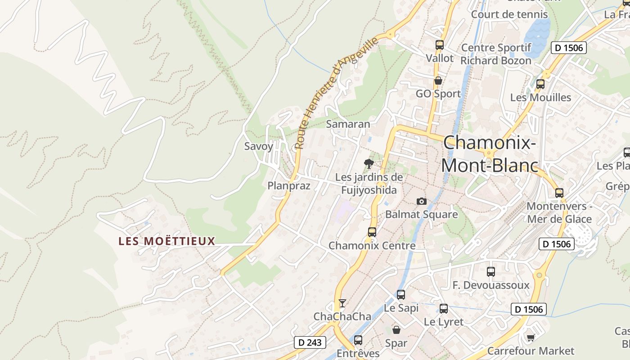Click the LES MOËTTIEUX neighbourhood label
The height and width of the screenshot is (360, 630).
[x=167, y=241]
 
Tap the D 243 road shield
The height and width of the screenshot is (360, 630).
[x=310, y=342]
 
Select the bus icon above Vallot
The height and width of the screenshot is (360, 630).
[x=440, y=45]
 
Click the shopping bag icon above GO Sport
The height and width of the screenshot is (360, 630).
[x=438, y=81]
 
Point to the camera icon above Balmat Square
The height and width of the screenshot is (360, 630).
[x=421, y=201]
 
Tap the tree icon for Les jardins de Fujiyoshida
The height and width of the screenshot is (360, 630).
[x=369, y=164]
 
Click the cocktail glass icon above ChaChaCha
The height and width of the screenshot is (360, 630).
[x=342, y=303]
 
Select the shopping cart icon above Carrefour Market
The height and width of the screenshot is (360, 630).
[x=531, y=337]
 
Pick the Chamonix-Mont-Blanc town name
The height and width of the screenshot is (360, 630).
[x=490, y=154]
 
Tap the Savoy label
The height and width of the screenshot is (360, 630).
[x=259, y=146]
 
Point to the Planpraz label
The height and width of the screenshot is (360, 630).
[x=289, y=186]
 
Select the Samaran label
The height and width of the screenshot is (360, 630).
[x=348, y=124]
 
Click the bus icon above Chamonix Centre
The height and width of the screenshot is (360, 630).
[x=372, y=232]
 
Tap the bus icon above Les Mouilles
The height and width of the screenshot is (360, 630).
[x=540, y=84]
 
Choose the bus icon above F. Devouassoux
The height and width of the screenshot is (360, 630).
[x=491, y=272]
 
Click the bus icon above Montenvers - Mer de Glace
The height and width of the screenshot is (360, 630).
[x=559, y=193]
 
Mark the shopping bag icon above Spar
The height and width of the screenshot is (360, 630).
[x=396, y=330]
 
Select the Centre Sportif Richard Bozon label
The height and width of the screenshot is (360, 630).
[x=496, y=54]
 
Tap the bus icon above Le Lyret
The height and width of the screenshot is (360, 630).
[x=444, y=309]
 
